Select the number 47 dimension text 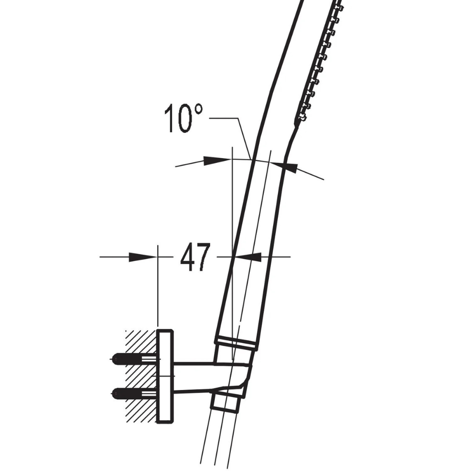pos(195,257)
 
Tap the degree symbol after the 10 pos(198,110)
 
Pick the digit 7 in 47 pos(203,257)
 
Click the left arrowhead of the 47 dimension pos(142,256)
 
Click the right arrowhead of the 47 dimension pos(248,256)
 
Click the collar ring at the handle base pos(235,342)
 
